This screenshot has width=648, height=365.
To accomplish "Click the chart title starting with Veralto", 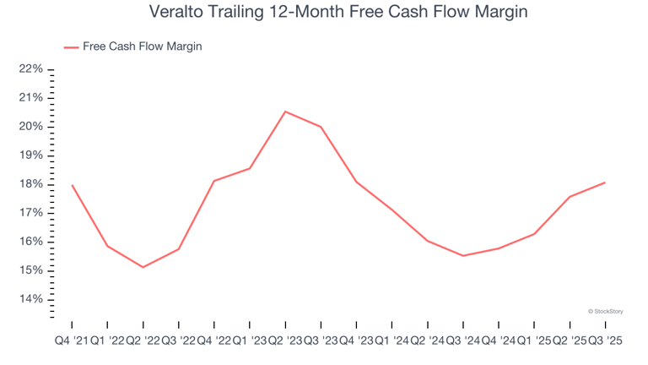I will point(324,13).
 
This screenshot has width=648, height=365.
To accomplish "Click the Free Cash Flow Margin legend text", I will point(143,46).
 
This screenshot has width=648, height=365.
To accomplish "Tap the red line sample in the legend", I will point(71,47).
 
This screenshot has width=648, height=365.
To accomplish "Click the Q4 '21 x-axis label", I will point(72,339).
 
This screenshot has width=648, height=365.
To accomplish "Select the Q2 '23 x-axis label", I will point(285,339).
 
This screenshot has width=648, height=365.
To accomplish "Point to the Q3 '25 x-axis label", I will point(605,339).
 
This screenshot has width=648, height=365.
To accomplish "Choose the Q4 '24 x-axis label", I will point(498,339).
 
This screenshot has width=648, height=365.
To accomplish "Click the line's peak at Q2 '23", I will point(285,112).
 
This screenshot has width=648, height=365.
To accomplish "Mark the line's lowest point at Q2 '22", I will point(143,267).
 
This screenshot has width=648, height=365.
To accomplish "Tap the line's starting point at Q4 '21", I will point(72,185).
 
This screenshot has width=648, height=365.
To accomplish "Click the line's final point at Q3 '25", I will point(605,182).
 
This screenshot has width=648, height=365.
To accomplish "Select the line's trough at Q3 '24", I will point(462,255).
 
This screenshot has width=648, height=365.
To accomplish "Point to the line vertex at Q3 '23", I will point(321,127).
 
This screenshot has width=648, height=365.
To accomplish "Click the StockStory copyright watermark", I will point(605,311).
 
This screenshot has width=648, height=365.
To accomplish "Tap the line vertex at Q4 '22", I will point(214,181).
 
